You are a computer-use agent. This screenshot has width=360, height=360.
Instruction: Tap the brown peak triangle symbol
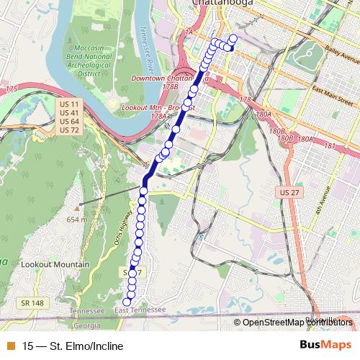click(x=76, y=209)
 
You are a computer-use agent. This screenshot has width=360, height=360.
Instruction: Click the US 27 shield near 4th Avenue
click(x=286, y=194)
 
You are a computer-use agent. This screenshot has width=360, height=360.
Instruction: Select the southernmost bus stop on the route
click(x=127, y=302)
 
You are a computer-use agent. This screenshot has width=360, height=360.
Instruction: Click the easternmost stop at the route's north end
click(x=233, y=39)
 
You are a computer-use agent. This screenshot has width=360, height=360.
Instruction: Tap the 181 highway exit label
click(x=330, y=146)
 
